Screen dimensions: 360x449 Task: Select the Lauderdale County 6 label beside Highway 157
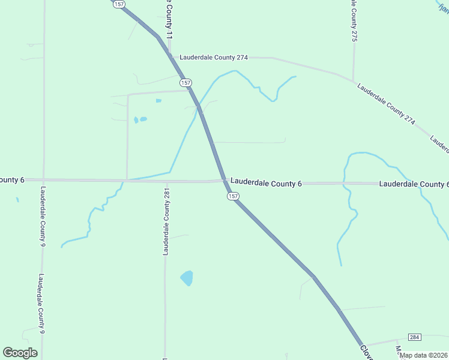(266, 182)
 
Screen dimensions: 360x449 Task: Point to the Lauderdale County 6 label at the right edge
(414, 184)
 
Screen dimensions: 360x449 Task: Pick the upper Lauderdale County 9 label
(43, 217)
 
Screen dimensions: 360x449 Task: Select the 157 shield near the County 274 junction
(186, 82)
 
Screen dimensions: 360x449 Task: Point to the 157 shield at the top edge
(118, 4)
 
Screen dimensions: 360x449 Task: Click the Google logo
(20, 352)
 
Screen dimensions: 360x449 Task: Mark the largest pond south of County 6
(187, 278)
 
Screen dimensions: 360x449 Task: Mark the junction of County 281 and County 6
(166, 180)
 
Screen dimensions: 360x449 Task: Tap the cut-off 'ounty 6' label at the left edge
(12, 180)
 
